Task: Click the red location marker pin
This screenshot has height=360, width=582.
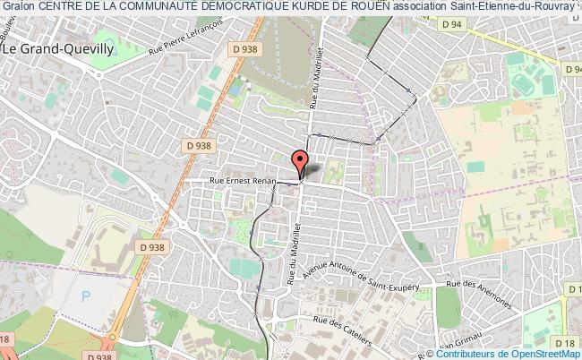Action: [x=301, y=163]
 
